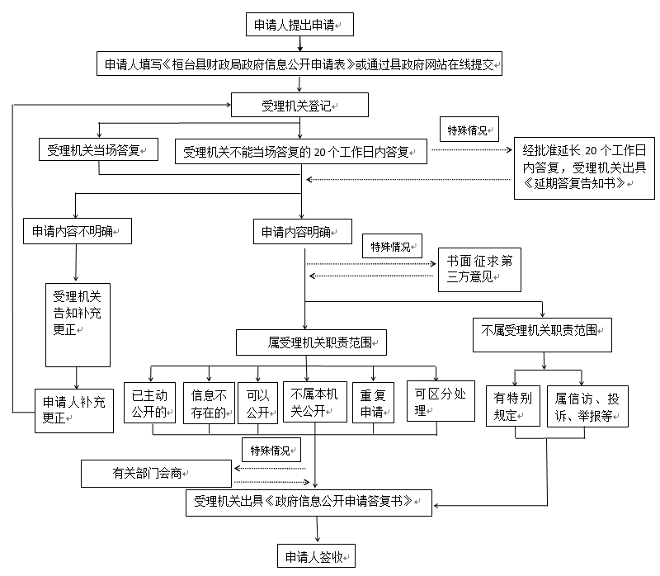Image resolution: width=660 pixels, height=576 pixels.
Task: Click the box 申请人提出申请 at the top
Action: coord(299,25)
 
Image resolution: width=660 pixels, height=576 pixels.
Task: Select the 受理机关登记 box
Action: coord(299,105)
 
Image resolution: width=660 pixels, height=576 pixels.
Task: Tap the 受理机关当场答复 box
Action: coord(98,149)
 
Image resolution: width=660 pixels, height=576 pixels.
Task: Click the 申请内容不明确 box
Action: coord(78,231)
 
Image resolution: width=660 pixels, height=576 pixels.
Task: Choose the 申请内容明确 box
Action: coord(303,232)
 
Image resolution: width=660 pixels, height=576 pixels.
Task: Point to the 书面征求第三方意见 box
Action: coord(479,270)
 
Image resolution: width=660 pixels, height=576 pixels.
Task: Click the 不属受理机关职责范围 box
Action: coord(542,335)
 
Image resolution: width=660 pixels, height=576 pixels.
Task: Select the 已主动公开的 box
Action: coord(149,403)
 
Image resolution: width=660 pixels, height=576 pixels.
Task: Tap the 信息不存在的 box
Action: coord(210,403)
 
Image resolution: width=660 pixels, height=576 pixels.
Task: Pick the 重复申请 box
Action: coord(373,403)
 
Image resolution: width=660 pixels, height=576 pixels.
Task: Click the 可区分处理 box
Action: coord(441,401)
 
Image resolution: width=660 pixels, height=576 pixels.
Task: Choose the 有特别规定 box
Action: coord(513,406)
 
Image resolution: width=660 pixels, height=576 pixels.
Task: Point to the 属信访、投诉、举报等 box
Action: coord(587,406)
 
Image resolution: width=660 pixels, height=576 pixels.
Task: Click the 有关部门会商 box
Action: coord(156,474)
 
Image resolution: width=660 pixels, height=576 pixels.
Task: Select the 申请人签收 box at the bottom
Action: coord(316,556)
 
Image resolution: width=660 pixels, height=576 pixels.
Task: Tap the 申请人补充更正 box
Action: coord(74,411)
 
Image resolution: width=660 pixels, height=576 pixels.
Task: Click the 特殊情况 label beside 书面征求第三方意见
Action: coord(393,246)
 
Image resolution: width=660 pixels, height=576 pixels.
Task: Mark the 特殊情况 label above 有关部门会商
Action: coord(271,450)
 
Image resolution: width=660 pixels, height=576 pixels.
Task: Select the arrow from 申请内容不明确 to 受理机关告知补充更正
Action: coord(76,262)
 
